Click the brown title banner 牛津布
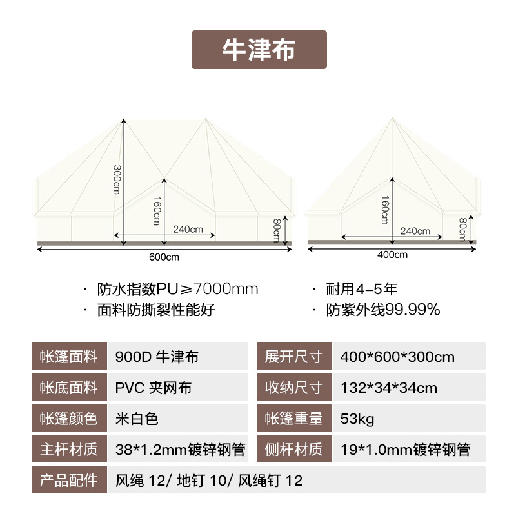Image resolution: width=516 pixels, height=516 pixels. [x=259, y=50]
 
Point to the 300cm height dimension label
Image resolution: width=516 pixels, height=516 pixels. [x=117, y=179]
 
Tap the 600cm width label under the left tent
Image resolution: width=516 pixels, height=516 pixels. [x=164, y=256]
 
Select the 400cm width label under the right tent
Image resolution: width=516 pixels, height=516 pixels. [x=392, y=254]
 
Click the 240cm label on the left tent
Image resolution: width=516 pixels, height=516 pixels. [x=188, y=230]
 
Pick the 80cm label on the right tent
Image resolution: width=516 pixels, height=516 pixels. [x=462, y=228]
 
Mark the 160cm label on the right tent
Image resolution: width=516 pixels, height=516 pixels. [x=385, y=210]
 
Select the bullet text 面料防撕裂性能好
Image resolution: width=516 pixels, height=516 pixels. [x=155, y=310]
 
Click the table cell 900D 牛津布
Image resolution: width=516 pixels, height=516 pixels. [x=157, y=357]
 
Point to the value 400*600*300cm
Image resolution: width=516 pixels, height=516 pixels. [x=397, y=357]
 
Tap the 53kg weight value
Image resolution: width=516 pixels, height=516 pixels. [x=357, y=419]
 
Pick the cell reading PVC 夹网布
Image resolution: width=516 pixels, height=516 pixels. [x=154, y=388]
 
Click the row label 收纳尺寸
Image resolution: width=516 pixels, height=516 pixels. [x=294, y=388]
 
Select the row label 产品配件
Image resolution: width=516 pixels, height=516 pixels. [x=68, y=481]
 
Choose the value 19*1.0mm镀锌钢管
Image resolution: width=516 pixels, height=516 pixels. [x=405, y=450]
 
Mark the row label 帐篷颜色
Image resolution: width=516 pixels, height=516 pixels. [x=68, y=419]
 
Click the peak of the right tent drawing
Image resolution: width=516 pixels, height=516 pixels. [x=392, y=118]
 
